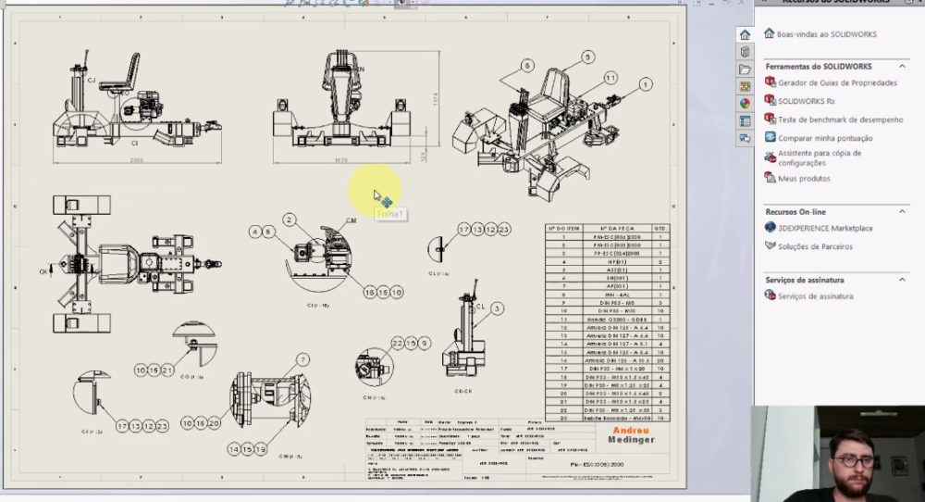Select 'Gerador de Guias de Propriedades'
coord(837,82)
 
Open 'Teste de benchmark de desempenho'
coord(840,119)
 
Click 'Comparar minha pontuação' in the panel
coord(825,138)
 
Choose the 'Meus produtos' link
coord(804,178)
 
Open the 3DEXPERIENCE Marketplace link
coord(824,228)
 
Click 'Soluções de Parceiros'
coord(815,246)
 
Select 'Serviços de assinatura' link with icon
coord(815,296)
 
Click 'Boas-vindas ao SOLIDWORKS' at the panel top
coord(826,34)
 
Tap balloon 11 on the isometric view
coord(610,78)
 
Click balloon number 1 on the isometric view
coord(644,84)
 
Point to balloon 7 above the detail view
coord(302,359)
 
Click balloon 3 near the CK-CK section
coord(497,307)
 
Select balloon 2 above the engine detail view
coord(290,220)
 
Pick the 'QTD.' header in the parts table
coord(660,227)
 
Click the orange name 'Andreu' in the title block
coord(629,430)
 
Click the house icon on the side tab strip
coord(745,35)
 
